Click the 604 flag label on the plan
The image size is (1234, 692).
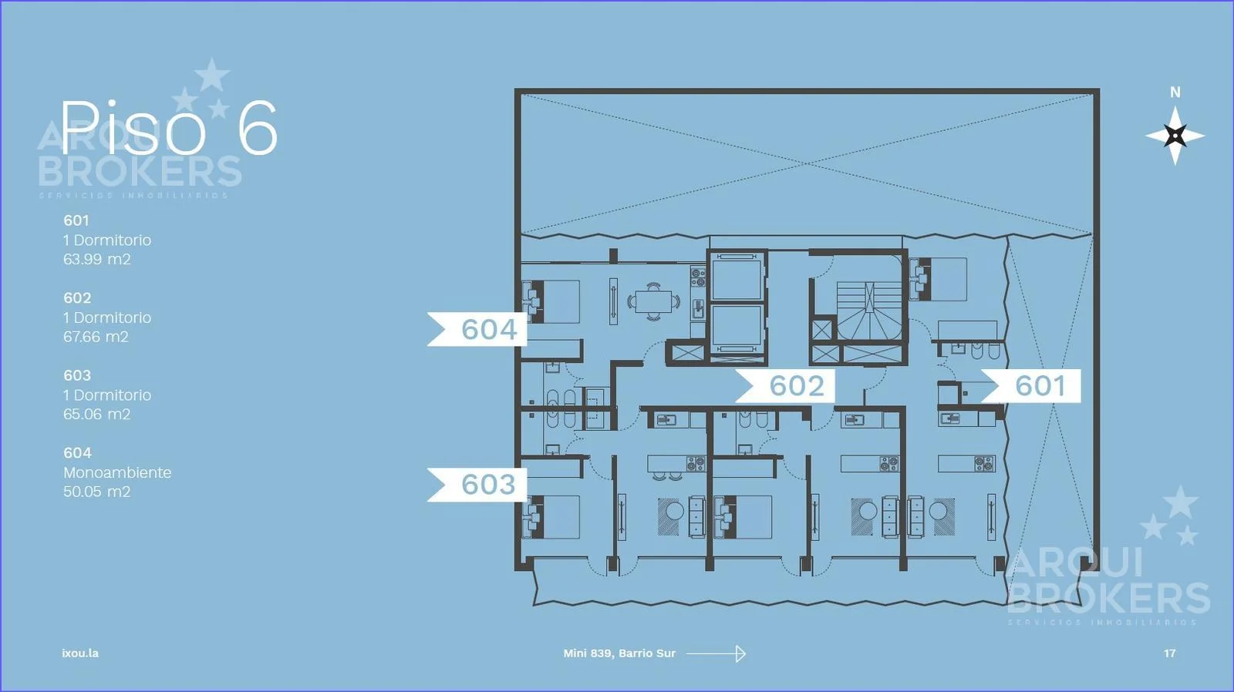(477, 329)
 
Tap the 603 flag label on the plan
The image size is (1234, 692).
(477, 485)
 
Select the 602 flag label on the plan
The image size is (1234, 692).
(786, 385)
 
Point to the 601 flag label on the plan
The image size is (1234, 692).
(1031, 385)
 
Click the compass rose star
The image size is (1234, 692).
(1175, 136)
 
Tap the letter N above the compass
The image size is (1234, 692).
(1175, 92)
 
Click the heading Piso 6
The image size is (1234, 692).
(169, 128)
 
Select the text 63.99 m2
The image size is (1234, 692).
(97, 259)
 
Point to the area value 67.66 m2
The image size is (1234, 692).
(96, 337)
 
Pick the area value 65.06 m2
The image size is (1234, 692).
(97, 414)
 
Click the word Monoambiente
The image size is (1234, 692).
(117, 472)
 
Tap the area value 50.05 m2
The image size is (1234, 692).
(97, 492)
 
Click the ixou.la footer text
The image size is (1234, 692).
(80, 653)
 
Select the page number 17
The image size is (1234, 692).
(1169, 653)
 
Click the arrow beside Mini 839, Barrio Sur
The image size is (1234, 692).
(716, 653)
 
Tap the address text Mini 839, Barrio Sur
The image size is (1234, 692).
(619, 653)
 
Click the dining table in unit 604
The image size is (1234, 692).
(653, 301)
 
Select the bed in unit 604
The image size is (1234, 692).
(551, 301)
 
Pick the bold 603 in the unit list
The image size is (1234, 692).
(77, 375)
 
